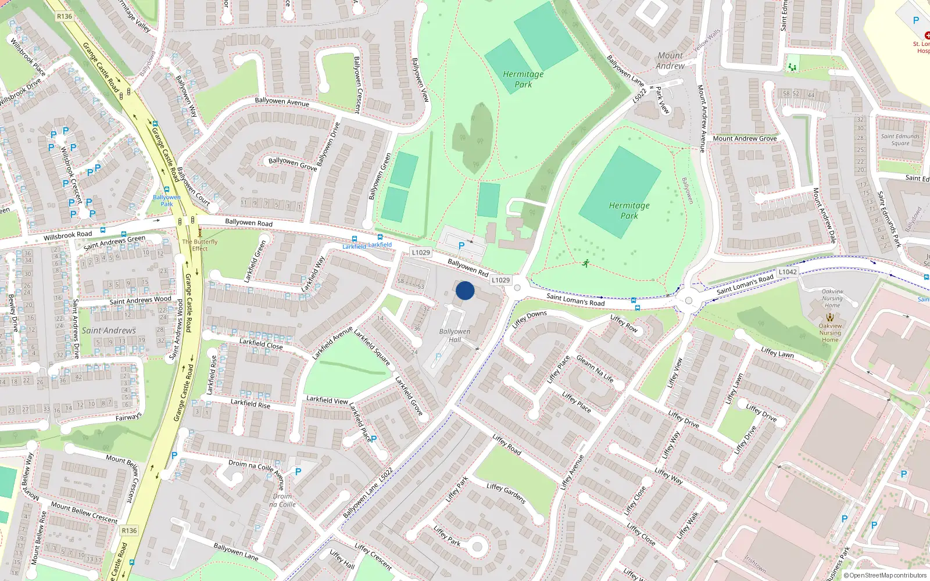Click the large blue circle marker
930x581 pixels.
point(464,290)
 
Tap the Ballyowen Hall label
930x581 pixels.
point(455,335)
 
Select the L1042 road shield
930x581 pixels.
point(788,272)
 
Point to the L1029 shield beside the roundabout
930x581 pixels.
point(500,280)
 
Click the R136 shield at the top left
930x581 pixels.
point(65,16)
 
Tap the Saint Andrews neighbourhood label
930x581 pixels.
point(109,331)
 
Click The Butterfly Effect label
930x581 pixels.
point(199,245)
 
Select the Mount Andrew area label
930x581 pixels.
point(670,60)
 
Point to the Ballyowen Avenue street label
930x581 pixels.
point(282,102)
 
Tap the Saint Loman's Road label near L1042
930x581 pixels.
point(745,284)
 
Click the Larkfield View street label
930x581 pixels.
point(327,400)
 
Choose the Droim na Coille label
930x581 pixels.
point(282,500)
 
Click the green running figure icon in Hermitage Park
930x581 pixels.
point(586,263)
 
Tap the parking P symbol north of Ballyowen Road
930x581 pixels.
point(462,246)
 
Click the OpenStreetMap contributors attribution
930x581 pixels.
point(886,575)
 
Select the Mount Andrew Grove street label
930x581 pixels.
point(745,138)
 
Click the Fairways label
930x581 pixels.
point(128,417)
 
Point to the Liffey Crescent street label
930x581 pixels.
point(373,556)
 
